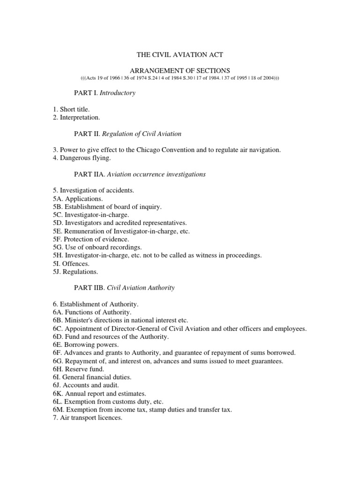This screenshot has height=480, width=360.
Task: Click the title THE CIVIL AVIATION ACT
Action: click(x=180, y=55)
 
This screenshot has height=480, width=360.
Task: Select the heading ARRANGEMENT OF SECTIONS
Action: click(x=180, y=70)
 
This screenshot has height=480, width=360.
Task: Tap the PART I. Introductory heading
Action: click(x=105, y=93)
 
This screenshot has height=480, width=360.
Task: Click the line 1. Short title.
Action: click(x=71, y=109)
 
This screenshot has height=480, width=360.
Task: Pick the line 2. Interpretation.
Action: click(x=76, y=117)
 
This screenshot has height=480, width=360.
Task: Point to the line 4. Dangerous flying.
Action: click(x=82, y=158)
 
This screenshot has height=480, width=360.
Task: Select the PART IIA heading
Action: click(x=140, y=174)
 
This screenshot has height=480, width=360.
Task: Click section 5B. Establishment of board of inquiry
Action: click(x=107, y=206)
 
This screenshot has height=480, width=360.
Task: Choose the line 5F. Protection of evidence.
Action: click(x=91, y=239)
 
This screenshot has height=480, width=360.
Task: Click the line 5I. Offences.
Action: click(x=71, y=263)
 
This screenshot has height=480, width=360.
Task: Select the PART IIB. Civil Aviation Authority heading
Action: click(x=124, y=288)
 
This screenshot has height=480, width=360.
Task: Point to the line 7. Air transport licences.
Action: click(x=87, y=418)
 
